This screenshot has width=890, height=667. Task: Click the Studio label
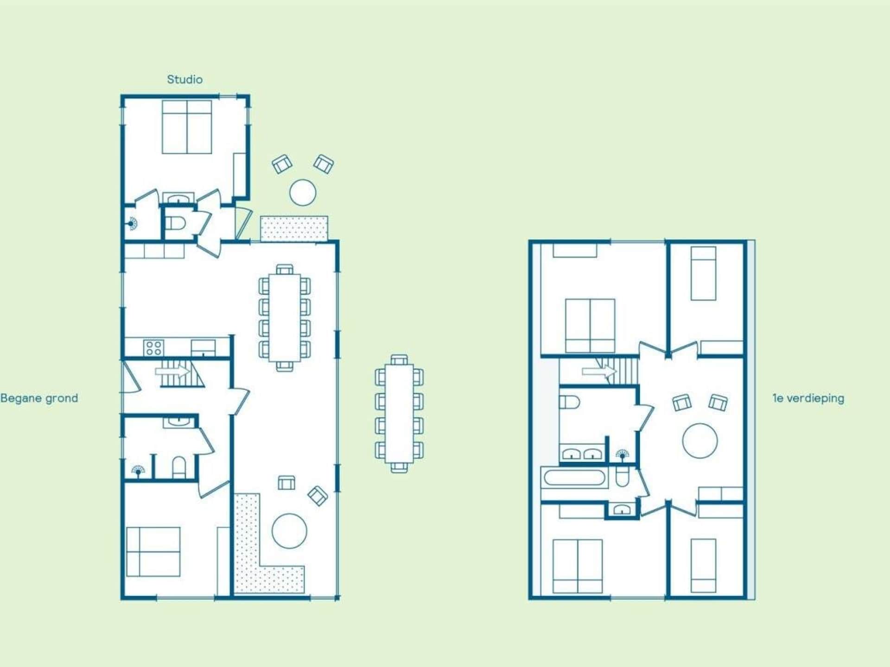click(x=184, y=79)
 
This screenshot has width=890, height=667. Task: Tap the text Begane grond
click(x=39, y=398)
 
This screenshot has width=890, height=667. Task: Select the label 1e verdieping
click(x=808, y=398)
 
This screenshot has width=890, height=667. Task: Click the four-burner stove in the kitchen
click(x=154, y=348)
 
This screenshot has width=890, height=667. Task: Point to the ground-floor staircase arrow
click(x=172, y=371)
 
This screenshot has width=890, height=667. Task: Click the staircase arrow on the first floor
click(x=599, y=371)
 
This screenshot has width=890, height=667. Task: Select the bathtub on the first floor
click(x=574, y=478)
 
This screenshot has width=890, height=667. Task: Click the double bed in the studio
click(x=187, y=127)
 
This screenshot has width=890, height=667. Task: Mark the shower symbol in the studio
click(x=133, y=224)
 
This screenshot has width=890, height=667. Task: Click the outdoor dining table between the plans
click(x=399, y=414)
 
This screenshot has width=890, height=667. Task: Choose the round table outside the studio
click(x=303, y=192)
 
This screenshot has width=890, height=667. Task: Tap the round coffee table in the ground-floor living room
click(x=289, y=531)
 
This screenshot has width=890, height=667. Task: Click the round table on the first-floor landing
click(x=700, y=441)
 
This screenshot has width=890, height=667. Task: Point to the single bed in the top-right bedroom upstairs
click(x=704, y=273)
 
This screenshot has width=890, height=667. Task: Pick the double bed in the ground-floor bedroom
click(x=153, y=552)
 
